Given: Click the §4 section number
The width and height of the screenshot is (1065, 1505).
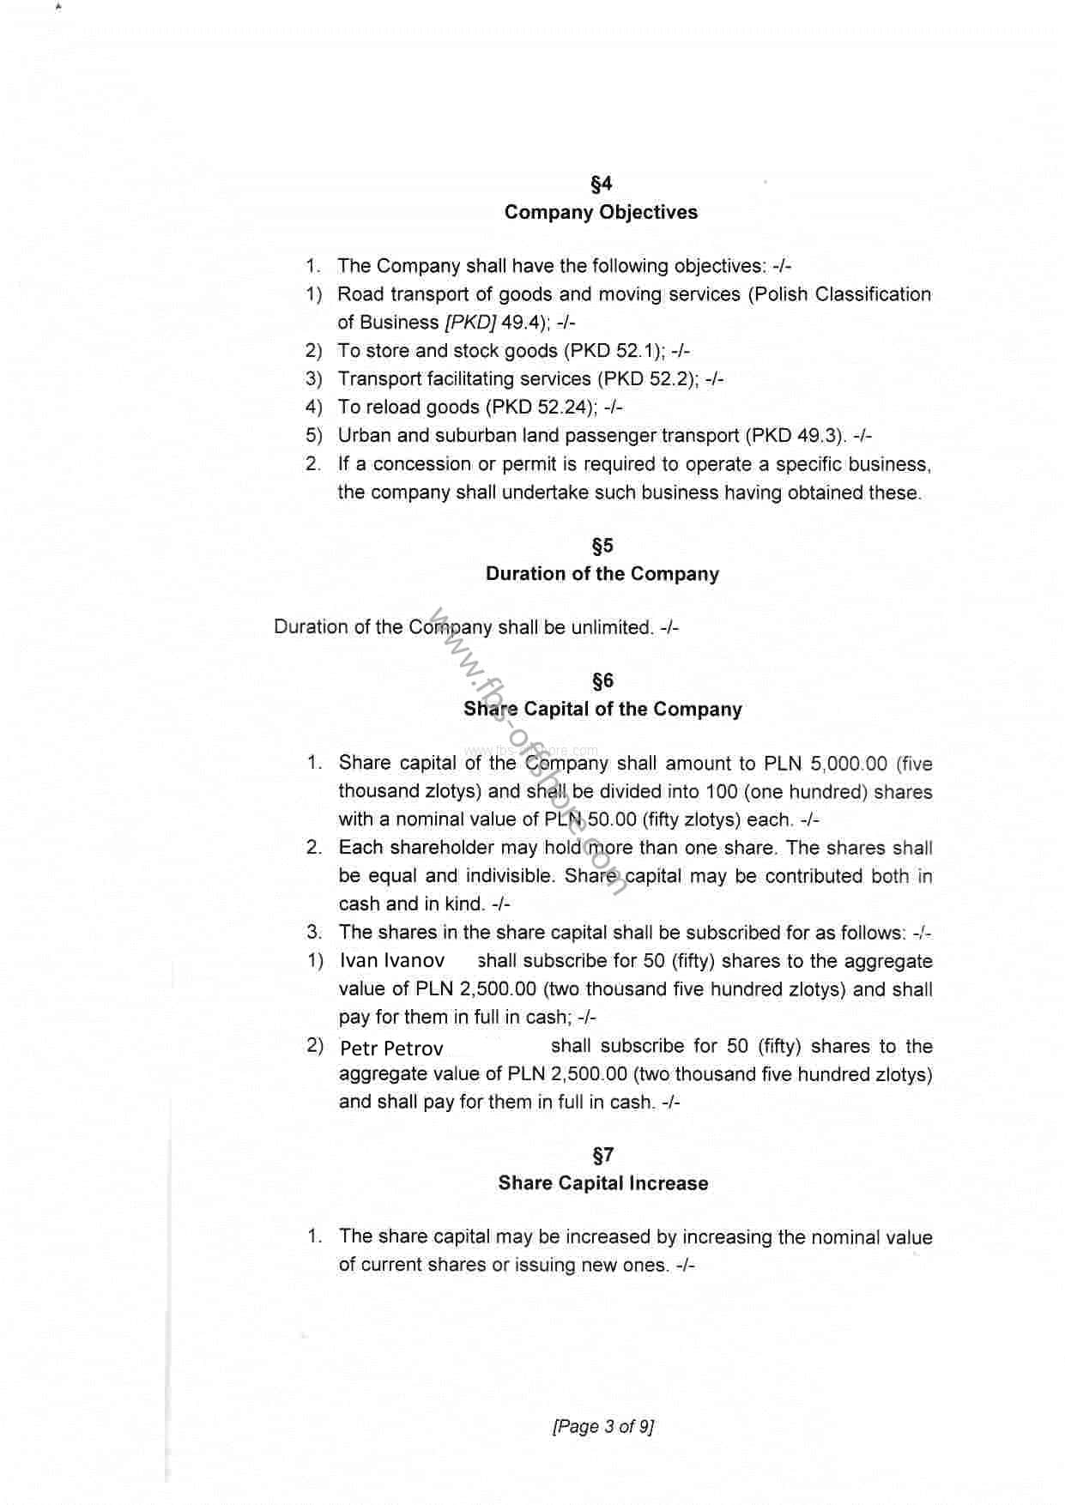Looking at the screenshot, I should click(x=601, y=184).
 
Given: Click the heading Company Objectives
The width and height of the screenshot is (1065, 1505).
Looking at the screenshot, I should click(x=601, y=212).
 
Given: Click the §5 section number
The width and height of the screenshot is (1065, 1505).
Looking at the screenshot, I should click(x=602, y=546).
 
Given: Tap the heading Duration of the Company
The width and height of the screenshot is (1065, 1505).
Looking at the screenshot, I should click(x=602, y=574).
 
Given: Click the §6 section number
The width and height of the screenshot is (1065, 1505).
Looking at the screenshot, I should click(x=602, y=681).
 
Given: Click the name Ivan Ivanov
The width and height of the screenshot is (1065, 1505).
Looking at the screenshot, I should click(x=392, y=961).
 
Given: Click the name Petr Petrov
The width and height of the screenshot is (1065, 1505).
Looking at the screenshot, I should click(x=391, y=1049).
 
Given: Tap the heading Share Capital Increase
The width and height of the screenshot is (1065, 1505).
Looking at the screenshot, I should click(x=602, y=1183).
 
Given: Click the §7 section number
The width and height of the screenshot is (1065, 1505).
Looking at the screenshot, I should click(x=602, y=1155).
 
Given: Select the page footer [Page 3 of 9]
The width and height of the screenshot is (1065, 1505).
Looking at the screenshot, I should click(x=602, y=1427).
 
